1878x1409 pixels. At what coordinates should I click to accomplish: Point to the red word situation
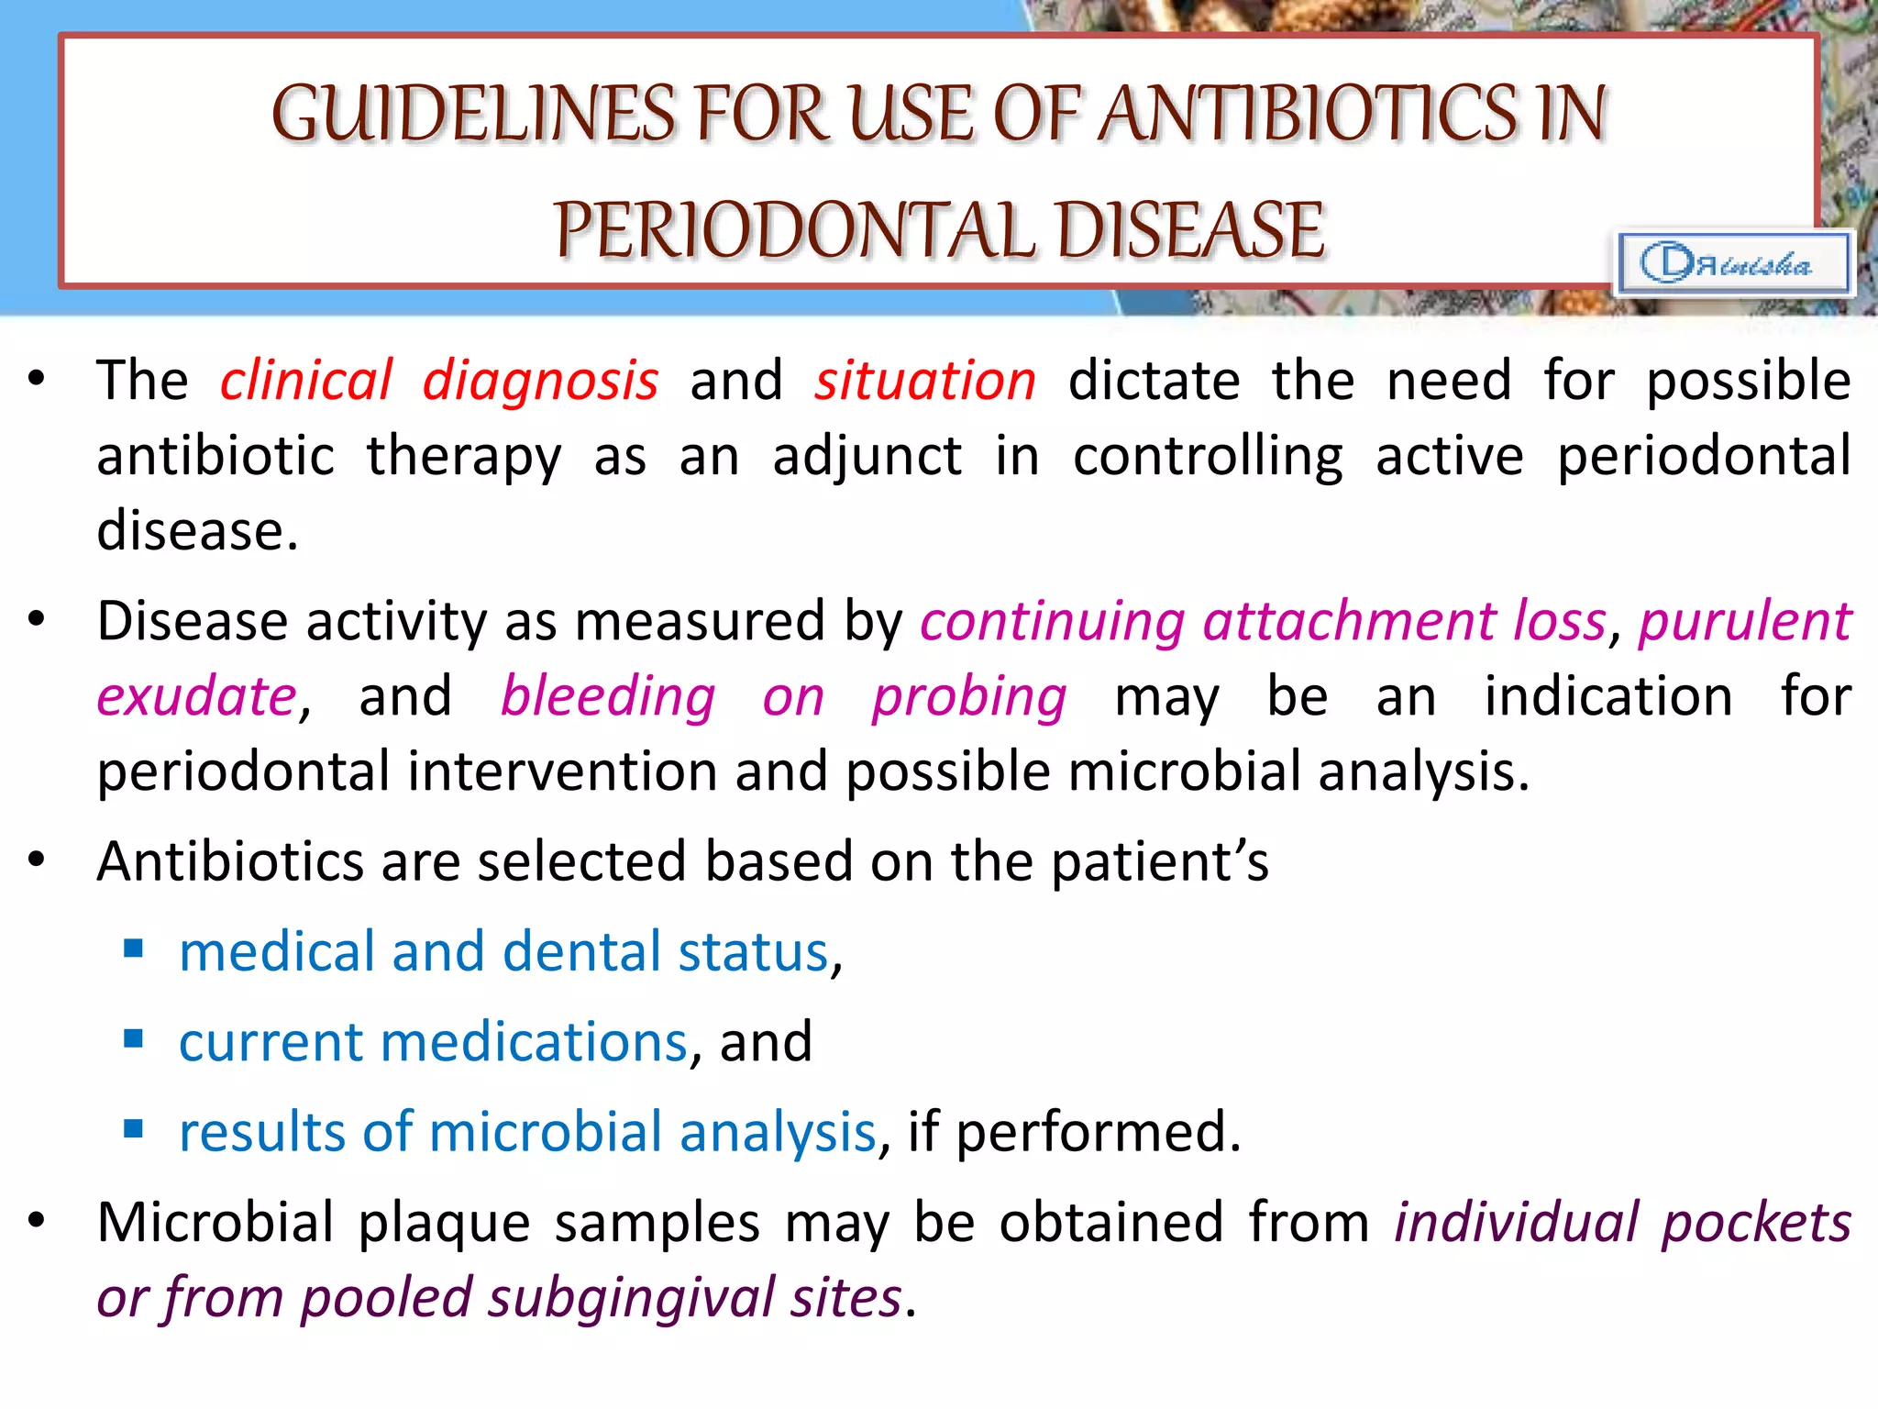(x=925, y=380)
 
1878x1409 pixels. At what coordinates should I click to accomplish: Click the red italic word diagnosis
(x=540, y=380)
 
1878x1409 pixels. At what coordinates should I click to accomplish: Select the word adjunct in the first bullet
(x=867, y=456)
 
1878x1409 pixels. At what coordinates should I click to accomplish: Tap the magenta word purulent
(x=1744, y=621)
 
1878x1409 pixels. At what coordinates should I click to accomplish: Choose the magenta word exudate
(x=197, y=696)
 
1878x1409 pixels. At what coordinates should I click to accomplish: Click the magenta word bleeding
(x=608, y=696)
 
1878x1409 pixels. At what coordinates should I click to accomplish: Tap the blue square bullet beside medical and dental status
(x=134, y=949)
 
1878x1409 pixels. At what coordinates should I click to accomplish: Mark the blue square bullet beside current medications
(x=134, y=1038)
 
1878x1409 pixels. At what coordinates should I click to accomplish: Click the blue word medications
(x=534, y=1042)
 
